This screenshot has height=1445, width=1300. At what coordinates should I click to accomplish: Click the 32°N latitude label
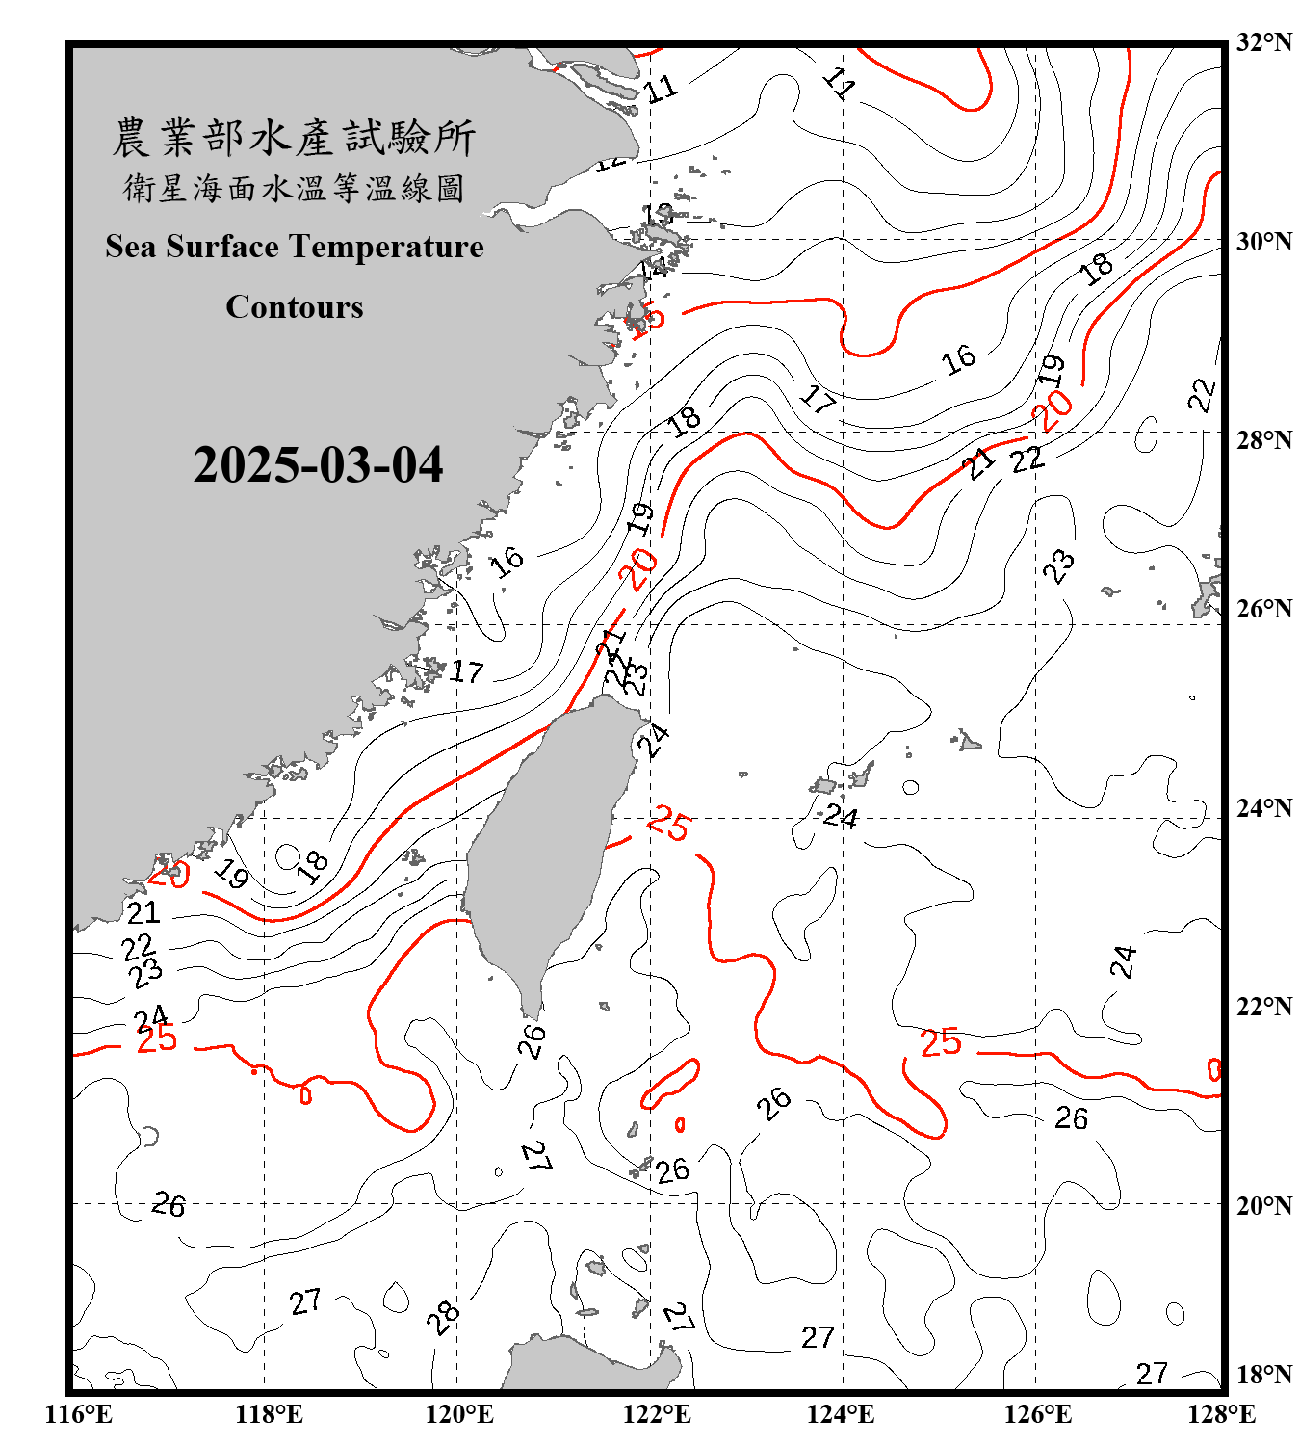pyautogui.click(x=1264, y=42)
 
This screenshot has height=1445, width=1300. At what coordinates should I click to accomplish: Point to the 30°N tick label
pyautogui.click(x=1264, y=241)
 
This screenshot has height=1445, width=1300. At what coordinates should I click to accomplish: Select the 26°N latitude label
pyautogui.click(x=1264, y=609)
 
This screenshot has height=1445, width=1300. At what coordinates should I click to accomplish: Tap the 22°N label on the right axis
pyautogui.click(x=1264, y=1007)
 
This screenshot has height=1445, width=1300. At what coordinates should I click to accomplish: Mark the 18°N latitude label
pyautogui.click(x=1264, y=1375)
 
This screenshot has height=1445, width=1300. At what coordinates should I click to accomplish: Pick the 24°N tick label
pyautogui.click(x=1264, y=807)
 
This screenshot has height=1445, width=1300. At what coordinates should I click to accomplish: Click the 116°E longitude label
pyautogui.click(x=79, y=1414)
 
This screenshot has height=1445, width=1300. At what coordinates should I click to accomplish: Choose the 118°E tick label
pyautogui.click(x=269, y=1414)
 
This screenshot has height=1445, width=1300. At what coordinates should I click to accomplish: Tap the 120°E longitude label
pyautogui.click(x=459, y=1414)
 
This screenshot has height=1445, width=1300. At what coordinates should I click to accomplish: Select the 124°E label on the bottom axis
pyautogui.click(x=841, y=1414)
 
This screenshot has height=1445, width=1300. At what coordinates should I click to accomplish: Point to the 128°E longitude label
pyautogui.click(x=1221, y=1414)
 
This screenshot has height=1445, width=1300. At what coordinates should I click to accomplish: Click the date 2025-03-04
pyautogui.click(x=318, y=465)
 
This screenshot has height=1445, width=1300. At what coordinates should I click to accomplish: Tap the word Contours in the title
pyautogui.click(x=295, y=307)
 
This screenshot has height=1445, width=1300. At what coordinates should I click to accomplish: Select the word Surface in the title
pyautogui.click(x=222, y=247)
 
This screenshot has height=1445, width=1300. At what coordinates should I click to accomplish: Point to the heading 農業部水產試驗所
pyautogui.click(x=294, y=138)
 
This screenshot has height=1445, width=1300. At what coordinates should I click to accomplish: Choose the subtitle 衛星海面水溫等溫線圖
pyautogui.click(x=294, y=188)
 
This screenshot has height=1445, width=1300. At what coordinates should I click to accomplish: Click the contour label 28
pyautogui.click(x=443, y=1316)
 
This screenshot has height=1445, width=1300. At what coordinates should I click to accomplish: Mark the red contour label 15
pyautogui.click(x=648, y=318)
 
